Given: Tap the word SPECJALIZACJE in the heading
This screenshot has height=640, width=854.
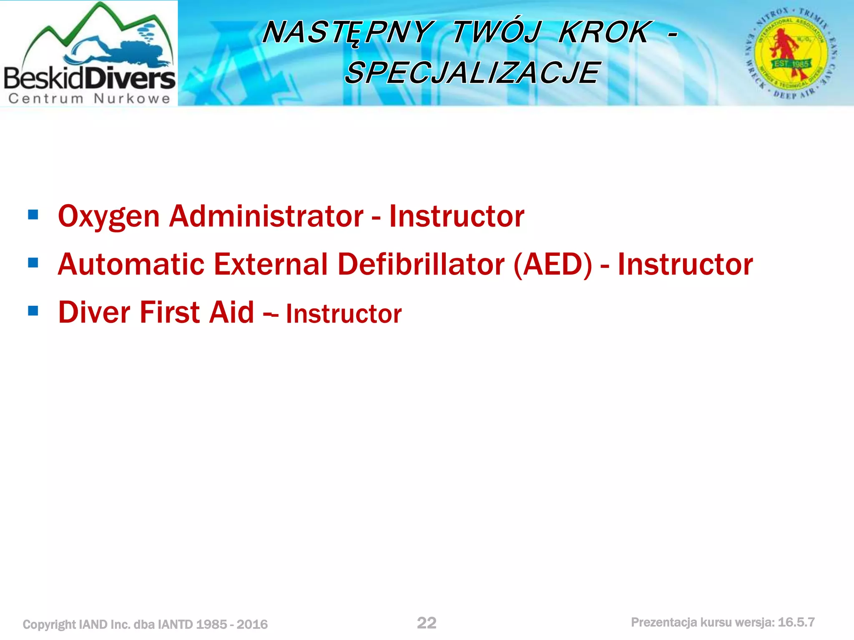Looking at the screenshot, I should (472, 72).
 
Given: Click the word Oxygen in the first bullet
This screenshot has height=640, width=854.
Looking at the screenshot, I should (109, 216).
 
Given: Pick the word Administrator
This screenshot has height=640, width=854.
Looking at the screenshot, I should (266, 216).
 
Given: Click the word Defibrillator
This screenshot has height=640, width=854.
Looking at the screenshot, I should (421, 264).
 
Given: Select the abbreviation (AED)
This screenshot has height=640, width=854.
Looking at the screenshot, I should (553, 264).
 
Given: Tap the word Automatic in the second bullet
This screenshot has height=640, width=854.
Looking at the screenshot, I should (131, 264).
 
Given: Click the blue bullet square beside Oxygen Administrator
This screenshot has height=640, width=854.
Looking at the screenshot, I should (33, 215).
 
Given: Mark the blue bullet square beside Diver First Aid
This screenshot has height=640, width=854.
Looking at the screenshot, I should (33, 311).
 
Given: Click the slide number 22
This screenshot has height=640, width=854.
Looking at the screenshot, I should (427, 623).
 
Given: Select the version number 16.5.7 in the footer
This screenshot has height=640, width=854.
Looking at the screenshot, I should (796, 622).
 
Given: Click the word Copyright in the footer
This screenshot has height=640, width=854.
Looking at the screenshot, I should (49, 624).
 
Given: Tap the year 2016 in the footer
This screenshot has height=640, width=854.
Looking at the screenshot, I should (252, 624).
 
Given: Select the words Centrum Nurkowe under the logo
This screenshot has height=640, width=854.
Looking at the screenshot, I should (89, 99).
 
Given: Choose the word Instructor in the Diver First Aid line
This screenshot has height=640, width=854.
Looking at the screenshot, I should (344, 314).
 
